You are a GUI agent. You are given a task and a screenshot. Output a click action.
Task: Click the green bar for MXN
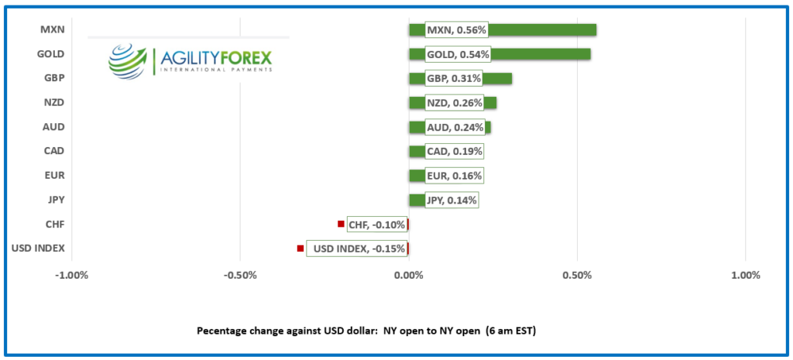542,30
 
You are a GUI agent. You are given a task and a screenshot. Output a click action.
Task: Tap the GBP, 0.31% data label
454,78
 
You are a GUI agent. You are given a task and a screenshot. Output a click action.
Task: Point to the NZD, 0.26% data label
454,103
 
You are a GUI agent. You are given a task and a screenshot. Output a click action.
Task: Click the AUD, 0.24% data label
455,127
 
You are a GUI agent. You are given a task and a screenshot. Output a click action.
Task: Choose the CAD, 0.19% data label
455,152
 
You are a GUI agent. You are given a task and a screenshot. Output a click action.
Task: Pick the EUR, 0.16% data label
454,176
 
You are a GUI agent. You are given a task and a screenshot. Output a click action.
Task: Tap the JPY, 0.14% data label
451,201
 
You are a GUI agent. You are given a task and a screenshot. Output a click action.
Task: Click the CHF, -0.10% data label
377,225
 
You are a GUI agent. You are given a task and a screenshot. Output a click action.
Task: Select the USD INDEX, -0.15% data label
356,249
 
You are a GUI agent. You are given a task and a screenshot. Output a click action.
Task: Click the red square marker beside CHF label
341,224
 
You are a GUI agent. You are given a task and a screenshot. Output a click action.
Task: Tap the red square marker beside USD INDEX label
300,249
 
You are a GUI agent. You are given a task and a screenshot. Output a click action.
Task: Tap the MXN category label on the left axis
52,30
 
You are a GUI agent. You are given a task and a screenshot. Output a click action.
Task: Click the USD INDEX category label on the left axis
38,249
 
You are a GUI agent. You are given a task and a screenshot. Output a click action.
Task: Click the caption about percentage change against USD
367,331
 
